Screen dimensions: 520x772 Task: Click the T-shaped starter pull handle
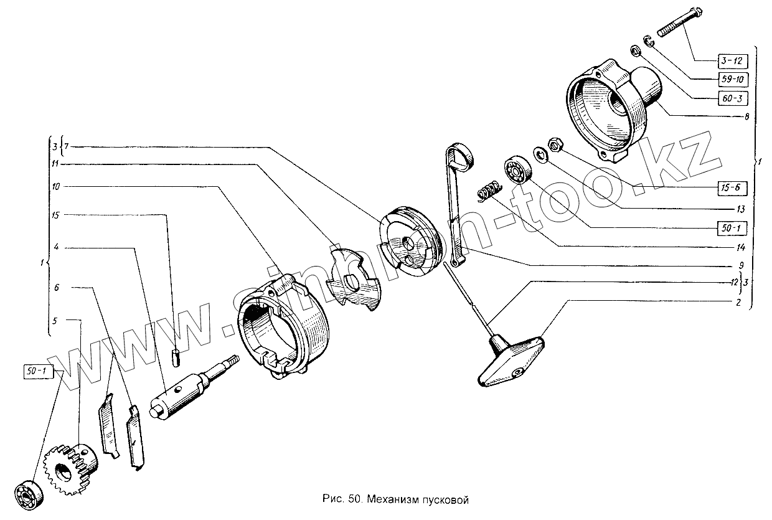pos(510,361)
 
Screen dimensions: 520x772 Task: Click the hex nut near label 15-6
pos(556,145)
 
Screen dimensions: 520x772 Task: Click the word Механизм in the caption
pos(389,500)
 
